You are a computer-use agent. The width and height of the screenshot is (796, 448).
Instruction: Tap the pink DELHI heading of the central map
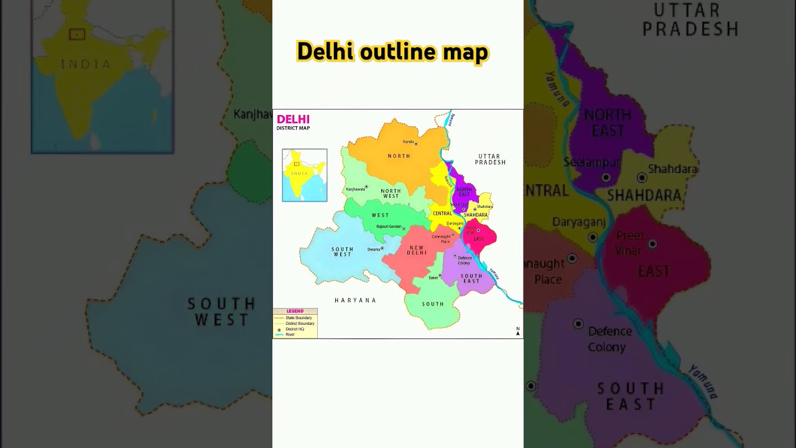coord(293,119)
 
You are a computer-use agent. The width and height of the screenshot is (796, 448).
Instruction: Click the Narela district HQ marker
coord(416,144)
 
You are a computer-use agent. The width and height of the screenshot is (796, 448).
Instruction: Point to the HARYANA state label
coord(356,301)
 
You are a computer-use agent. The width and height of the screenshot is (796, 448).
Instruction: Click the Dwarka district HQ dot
coord(382,248)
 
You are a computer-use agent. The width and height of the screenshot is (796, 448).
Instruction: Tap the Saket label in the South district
coord(433,278)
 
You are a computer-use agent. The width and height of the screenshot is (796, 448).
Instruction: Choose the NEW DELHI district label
coord(417,250)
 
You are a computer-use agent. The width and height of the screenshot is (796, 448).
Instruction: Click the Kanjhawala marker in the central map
coord(367,187)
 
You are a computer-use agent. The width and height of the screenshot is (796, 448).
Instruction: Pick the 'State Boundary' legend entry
coord(298,318)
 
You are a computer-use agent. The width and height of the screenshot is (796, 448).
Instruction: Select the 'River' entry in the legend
coord(290,335)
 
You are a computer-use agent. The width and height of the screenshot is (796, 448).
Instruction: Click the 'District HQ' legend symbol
coord(279,329)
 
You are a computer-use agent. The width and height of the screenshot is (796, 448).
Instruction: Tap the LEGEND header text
coord(295,311)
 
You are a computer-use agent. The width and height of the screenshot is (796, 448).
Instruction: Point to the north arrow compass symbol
coord(517,332)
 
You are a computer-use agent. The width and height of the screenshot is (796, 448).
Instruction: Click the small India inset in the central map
coord(304,175)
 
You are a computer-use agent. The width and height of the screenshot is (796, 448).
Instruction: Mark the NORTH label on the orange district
coord(399,156)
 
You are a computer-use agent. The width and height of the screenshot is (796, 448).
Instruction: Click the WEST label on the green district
coord(380,215)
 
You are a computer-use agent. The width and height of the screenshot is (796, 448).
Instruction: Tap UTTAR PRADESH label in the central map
coord(490,159)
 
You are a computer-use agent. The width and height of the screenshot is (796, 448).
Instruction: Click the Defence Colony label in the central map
coord(465,260)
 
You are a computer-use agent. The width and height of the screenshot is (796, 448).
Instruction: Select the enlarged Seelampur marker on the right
coord(606,177)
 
